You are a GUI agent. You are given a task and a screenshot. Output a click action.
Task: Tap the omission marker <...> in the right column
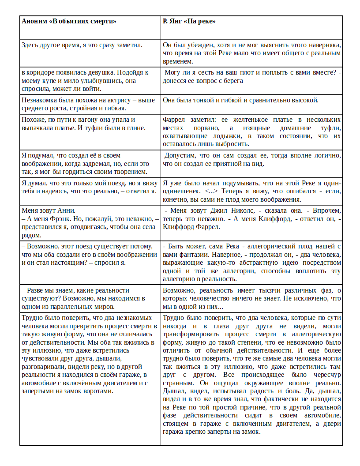pos(212,192)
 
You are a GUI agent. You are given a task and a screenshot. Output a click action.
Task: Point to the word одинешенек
pos(181,192)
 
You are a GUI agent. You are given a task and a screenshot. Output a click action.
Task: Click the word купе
pos(48,81)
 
